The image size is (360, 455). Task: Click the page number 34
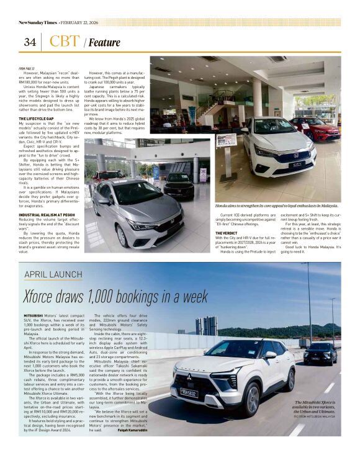[29, 42]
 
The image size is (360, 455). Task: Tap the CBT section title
[65, 42]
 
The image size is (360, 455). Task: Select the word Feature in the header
[104, 43]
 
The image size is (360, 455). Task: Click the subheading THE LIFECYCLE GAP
[40, 118]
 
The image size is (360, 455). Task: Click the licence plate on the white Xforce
[188, 392]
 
